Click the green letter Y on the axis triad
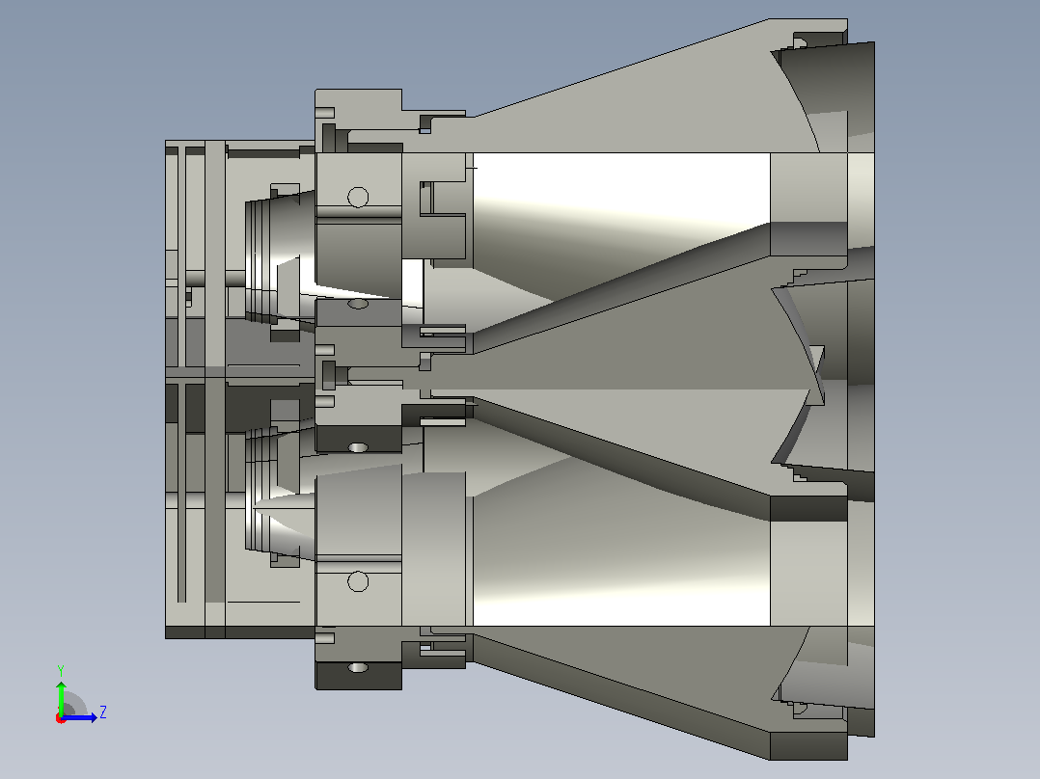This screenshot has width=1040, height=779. point(61,670)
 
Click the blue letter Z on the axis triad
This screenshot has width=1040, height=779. point(103,712)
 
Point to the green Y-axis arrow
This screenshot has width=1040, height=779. point(61,698)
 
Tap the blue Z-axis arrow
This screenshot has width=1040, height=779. point(79,717)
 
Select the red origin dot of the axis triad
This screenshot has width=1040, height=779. point(61,718)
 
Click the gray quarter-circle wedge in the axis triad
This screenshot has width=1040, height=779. point(73,705)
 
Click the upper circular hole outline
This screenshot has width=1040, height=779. point(358,197)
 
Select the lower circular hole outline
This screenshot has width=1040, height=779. point(358,581)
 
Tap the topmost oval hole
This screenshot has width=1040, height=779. point(358,304)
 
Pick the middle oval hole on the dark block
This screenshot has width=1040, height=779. point(358,447)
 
